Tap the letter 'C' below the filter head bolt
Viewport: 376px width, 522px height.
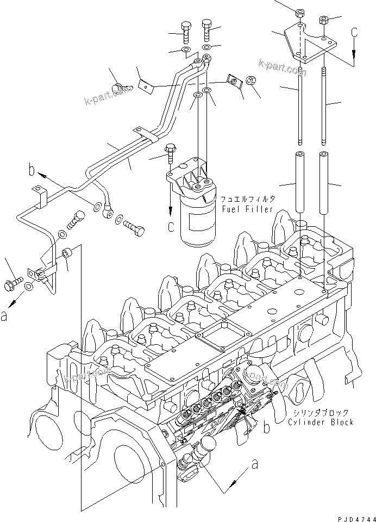(x=171, y=225)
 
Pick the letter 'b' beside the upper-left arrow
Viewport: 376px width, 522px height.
(x=33, y=172)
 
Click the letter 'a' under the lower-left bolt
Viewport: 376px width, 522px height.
(x=5, y=315)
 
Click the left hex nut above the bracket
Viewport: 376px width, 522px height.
(x=300, y=11)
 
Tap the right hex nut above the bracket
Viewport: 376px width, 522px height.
(x=324, y=21)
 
